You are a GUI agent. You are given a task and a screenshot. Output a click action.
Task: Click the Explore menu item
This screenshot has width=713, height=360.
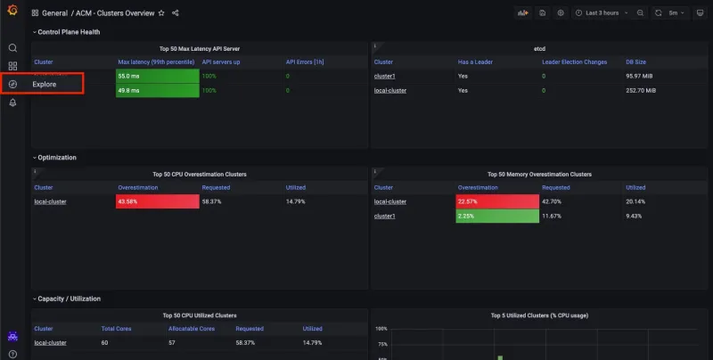[45, 84]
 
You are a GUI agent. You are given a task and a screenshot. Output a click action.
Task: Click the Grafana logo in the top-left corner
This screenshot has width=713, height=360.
[12, 13]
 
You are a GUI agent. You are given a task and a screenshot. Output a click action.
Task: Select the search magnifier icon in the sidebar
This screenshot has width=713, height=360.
[12, 47]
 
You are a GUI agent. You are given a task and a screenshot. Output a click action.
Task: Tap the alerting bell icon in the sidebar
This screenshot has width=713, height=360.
[12, 102]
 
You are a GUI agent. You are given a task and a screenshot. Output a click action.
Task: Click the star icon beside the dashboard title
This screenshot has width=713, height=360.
[161, 13]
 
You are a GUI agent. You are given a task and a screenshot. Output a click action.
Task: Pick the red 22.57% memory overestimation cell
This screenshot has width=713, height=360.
[497, 201]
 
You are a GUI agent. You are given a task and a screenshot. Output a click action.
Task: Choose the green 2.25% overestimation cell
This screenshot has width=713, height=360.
[497, 216]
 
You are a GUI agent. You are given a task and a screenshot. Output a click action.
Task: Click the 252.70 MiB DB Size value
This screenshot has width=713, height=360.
[640, 90]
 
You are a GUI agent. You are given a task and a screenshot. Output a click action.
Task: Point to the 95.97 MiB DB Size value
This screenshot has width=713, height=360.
[638, 77]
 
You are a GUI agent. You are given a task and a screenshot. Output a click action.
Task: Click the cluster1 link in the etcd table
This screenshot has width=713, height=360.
[384, 77]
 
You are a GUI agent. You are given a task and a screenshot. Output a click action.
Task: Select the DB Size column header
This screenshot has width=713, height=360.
[637, 62]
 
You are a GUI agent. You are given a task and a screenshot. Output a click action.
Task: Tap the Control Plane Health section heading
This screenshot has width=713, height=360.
[69, 32]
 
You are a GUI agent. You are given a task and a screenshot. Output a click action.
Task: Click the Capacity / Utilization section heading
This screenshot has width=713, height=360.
[69, 299]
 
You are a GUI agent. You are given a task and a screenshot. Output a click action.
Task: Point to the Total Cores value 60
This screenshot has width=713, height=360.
[105, 342]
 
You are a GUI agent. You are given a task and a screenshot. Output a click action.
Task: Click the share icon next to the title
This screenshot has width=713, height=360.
[176, 13]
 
